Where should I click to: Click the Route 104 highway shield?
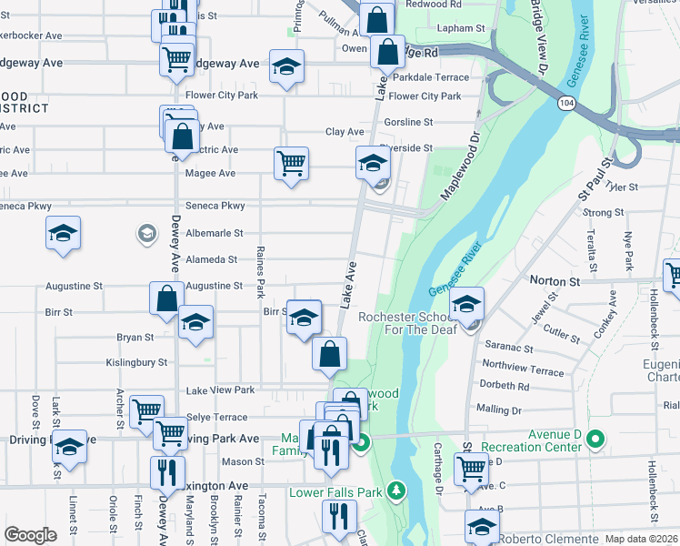pos(566,105)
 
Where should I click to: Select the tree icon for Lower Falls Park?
pos(395,491)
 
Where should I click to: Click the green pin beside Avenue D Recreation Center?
pos(595,441)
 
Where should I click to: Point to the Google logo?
pos(30,535)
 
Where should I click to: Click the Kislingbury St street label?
pos(137,361)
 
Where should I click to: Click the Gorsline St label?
pos(407,122)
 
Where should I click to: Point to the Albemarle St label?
pos(214,234)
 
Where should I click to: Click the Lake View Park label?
pos(220,389)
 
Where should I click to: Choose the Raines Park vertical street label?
pos(260,272)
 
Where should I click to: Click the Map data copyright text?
pos(642,539)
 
